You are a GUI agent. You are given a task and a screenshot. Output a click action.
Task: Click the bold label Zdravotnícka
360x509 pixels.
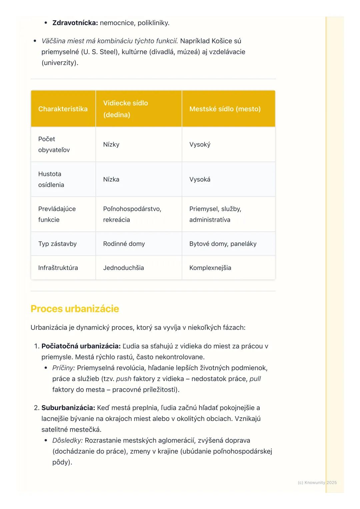75,23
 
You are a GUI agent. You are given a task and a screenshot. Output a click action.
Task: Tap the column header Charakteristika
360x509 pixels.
63,109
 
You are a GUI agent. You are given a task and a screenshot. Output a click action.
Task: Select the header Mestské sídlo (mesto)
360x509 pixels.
225,109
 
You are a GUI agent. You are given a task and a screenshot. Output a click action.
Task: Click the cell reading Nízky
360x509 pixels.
111,145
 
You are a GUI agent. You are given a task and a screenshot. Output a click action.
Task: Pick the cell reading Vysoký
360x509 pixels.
200,145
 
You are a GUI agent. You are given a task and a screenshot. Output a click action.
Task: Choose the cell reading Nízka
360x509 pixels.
111,179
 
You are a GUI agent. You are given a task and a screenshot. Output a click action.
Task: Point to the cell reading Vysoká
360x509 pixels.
200,179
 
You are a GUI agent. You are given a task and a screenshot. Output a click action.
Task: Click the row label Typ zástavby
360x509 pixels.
57,244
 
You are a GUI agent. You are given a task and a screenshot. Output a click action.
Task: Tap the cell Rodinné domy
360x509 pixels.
124,244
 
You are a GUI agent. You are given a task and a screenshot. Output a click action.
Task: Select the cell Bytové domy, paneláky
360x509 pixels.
223,244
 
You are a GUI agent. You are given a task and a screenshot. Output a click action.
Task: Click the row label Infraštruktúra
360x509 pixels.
58,268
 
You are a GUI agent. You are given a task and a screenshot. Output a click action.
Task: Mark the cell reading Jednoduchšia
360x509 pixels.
123,268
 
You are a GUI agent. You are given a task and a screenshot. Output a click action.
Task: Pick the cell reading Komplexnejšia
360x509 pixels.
210,268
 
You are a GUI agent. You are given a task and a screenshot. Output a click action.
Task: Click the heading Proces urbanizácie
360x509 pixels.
75,309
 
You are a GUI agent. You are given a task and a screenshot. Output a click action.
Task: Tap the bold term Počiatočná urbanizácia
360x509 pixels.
81,346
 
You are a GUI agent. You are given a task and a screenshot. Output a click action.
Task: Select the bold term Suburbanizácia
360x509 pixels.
68,408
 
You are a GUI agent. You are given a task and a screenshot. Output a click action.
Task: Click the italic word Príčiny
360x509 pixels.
63,368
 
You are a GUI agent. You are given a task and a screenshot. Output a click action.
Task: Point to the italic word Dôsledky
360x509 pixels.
67,440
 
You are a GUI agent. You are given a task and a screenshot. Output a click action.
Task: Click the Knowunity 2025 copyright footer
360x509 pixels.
317,482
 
